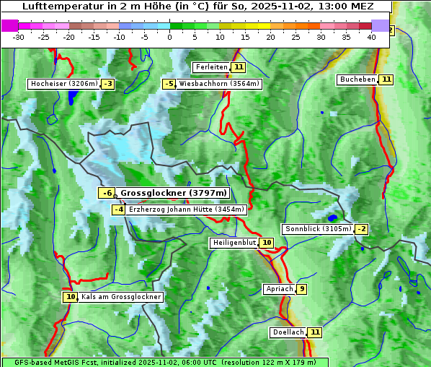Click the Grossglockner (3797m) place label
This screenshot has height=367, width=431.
(x=174, y=193)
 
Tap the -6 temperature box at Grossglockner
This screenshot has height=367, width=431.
(x=107, y=193)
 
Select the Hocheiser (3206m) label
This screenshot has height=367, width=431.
(x=63, y=84)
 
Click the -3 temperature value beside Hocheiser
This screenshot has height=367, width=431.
(x=107, y=84)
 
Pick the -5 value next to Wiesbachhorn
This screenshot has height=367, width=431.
(x=169, y=84)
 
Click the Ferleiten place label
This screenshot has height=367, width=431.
(x=211, y=67)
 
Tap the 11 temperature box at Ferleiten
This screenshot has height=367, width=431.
(x=239, y=67)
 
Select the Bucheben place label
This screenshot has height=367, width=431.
(x=357, y=79)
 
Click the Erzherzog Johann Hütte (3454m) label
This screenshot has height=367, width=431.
(x=187, y=210)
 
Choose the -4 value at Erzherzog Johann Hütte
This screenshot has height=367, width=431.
(x=119, y=210)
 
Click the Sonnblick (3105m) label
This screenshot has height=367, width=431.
(x=319, y=229)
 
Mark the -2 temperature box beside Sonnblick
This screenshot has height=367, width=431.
(x=361, y=229)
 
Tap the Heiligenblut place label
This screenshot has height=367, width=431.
(x=234, y=243)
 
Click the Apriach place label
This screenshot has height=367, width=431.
(x=280, y=289)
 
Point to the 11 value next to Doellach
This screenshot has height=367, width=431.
(x=315, y=332)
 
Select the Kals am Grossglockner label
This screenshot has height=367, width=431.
(x=121, y=297)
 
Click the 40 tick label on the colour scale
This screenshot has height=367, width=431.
(x=371, y=37)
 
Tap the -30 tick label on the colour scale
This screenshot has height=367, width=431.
(x=19, y=37)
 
